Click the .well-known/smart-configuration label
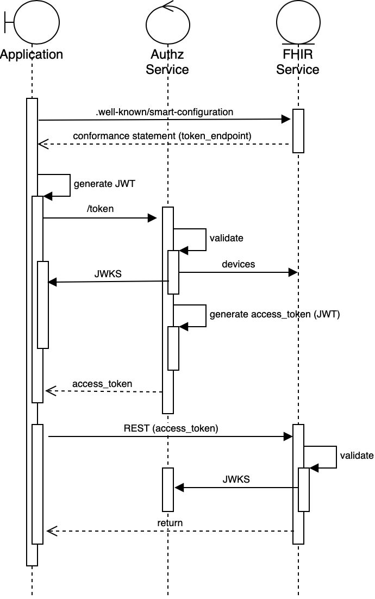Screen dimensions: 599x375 164,113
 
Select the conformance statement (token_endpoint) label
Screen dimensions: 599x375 162,136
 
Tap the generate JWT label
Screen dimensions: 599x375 104,184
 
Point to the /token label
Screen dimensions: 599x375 101,209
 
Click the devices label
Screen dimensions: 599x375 238,265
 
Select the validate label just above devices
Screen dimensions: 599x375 227,238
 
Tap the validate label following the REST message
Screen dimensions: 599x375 357,456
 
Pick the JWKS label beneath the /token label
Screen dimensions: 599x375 108,274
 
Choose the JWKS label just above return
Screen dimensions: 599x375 236,479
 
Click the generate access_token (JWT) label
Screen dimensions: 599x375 274,314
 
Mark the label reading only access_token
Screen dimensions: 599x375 103,384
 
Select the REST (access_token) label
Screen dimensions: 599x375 171,428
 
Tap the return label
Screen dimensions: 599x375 170,523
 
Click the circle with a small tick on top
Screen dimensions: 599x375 168,24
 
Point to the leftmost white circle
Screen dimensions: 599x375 36,23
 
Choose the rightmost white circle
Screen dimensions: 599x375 298,23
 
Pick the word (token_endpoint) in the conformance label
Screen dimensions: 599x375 215,136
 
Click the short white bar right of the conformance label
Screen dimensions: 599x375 298,131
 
